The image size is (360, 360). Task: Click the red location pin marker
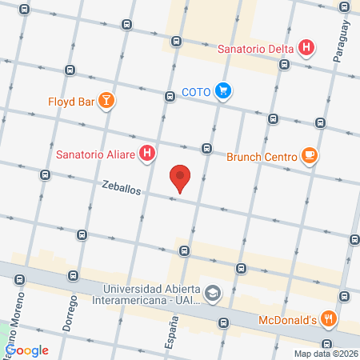pyautogui.click(x=182, y=178)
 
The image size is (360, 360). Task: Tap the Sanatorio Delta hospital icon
pyautogui.click(x=305, y=48)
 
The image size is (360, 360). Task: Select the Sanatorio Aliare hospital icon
pyautogui.click(x=147, y=153)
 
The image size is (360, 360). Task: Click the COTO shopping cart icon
pyautogui.click(x=225, y=91)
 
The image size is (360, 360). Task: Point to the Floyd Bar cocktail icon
pyautogui.click(x=106, y=101)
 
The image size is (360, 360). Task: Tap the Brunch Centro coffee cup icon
pyautogui.click(x=310, y=156)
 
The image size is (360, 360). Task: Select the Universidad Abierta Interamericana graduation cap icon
pyautogui.click(x=212, y=293)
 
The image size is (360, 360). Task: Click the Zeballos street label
pyautogui.click(x=122, y=189)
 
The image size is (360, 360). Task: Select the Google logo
pyautogui.click(x=27, y=350)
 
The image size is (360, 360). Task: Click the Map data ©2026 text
pyautogui.click(x=326, y=354)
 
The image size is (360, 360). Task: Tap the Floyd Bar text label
pyautogui.click(x=70, y=102)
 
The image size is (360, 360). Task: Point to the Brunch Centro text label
pyautogui.click(x=262, y=157)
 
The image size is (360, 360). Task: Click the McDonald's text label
pyautogui.click(x=289, y=321)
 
